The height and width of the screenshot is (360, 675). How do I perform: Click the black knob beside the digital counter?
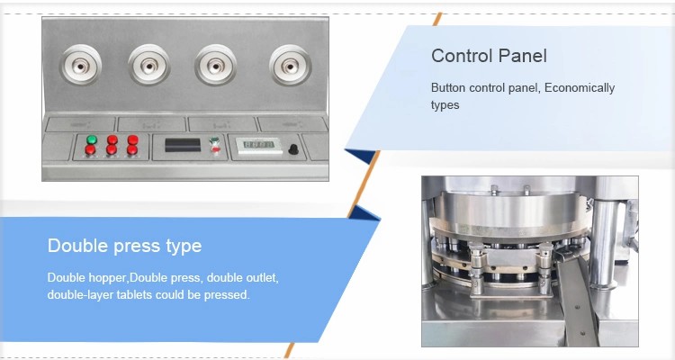pos(293,149)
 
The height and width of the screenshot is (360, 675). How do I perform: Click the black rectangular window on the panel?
pos(183,145)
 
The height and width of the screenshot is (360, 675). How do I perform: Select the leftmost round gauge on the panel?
pos(80,65)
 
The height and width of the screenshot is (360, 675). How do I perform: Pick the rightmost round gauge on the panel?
pos(291,66)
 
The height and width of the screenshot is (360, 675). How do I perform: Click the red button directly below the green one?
pos(91,150)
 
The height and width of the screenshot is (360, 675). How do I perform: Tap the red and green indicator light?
pos(214,145)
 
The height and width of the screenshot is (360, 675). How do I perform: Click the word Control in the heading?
pos(463,56)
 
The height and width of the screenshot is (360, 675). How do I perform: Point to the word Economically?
pos(580,88)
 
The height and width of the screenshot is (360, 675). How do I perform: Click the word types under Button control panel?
pos(445,105)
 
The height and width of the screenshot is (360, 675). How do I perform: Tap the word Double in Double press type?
pos(78,246)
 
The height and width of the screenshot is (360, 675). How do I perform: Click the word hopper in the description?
pos(107,278)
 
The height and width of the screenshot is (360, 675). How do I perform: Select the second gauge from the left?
pos(148,66)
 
